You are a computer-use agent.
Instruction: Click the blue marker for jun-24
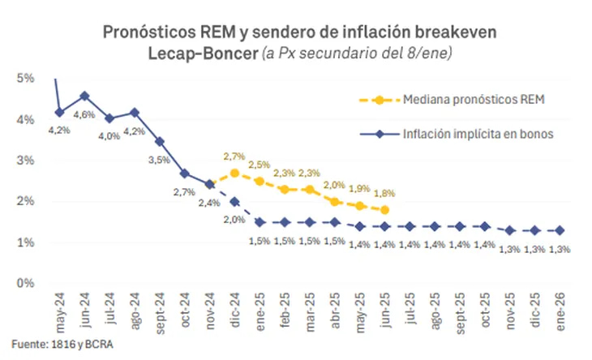84,96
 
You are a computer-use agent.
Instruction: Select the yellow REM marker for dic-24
234,173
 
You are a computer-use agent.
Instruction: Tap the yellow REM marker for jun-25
384,210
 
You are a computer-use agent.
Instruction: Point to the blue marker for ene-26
560,230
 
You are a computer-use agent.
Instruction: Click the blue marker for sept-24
160,141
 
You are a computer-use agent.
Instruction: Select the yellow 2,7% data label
234,156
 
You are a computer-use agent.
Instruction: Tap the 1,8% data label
384,193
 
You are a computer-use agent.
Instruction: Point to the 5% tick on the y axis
24,79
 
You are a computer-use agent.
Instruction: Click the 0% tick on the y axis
24,283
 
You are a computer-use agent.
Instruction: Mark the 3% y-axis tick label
24,161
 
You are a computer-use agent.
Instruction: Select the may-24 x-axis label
60,311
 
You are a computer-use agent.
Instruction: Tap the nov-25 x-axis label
510,311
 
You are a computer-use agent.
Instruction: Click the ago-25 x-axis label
435,311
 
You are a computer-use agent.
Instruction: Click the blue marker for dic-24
234,202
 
